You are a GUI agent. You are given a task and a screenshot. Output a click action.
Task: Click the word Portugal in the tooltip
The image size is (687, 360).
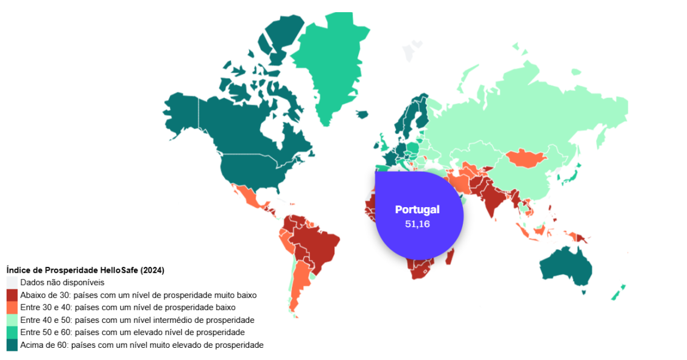pyautogui.click(x=417, y=210)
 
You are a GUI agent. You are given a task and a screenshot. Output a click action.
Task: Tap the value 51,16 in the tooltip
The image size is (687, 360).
pyautogui.click(x=417, y=224)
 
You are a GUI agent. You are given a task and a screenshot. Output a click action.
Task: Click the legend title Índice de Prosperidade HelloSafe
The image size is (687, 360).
pyautogui.click(x=85, y=270)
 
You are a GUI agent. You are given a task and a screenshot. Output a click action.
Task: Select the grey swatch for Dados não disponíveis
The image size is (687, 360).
pyautogui.click(x=12, y=283)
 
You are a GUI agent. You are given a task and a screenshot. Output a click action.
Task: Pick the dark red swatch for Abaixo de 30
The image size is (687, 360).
pyautogui.click(x=12, y=295)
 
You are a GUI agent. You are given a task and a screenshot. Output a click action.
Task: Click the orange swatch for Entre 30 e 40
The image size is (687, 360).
pyautogui.click(x=12, y=308)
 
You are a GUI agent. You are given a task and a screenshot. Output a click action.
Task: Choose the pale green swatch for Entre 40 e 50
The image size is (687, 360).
pyautogui.click(x=12, y=320)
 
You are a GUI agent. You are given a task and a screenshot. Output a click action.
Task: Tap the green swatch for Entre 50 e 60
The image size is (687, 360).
pyautogui.click(x=12, y=333)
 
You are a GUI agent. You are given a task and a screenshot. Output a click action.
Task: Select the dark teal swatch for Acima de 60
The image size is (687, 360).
pyautogui.click(x=12, y=345)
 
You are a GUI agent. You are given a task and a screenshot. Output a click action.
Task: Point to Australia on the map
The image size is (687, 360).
pyautogui.click(x=566, y=265)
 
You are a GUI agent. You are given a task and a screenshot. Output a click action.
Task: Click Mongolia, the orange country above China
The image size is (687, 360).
pyautogui.click(x=524, y=158)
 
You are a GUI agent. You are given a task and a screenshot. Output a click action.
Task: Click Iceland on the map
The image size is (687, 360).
pyautogui.click(x=362, y=114)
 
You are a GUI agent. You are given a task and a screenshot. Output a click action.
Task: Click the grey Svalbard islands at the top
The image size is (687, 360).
pyautogui.click(x=409, y=54)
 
